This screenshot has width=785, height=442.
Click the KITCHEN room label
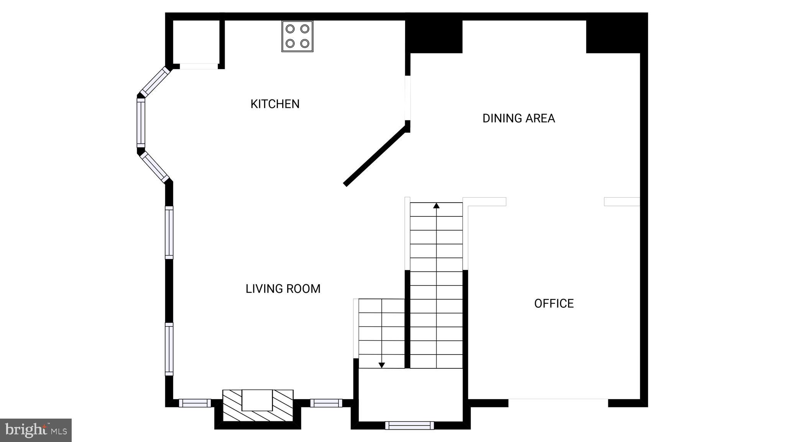click(275, 104)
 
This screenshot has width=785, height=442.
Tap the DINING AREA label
click(518, 118)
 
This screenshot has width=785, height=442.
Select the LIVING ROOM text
click(283, 289)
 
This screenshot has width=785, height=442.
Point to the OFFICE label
click(553, 303)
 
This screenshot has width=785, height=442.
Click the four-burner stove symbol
click(297, 36)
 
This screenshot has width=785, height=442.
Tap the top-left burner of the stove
click(290, 29)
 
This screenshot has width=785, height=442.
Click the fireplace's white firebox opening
click(257, 400)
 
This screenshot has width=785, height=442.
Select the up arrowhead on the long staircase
click(436, 206)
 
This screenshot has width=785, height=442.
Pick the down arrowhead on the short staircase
click(381, 365)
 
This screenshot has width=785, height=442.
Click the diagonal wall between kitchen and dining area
click(374, 156)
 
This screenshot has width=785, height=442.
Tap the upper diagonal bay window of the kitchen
click(155, 82)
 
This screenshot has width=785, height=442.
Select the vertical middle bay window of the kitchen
click(141, 123)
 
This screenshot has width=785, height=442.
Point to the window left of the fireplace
click(195, 403)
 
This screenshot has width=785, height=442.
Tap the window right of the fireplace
click(326, 403)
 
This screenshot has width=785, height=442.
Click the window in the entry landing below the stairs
click(409, 425)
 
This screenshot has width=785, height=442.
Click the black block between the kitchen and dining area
click(434, 37)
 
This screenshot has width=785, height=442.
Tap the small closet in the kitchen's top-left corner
click(196, 42)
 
